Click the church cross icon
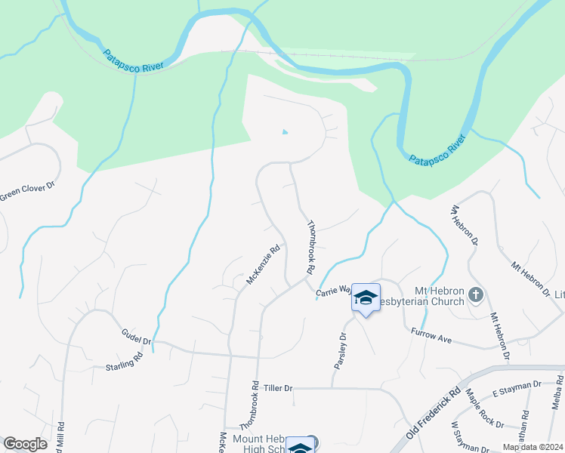(x=475, y=294)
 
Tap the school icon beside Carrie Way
(x=366, y=298)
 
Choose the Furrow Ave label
(x=431, y=336)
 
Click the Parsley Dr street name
(x=339, y=351)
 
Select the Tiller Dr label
(x=277, y=387)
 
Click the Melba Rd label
(x=557, y=396)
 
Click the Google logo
(x=25, y=444)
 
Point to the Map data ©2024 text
(x=532, y=447)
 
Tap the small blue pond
(x=285, y=132)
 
